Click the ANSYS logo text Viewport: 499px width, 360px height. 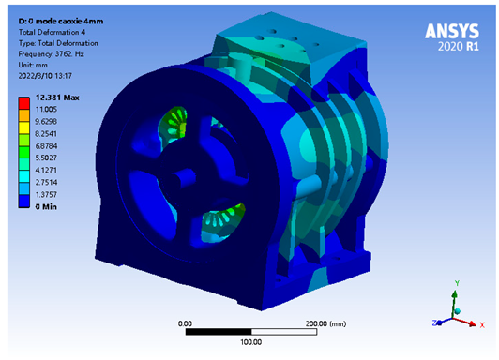point(451,31)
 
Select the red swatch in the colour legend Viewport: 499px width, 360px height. point(23,103)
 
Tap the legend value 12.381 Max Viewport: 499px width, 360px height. point(57,97)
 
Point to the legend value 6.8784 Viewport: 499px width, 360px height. point(46,146)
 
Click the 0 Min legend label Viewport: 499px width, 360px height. point(46,206)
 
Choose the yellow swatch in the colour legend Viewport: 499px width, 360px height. point(23,127)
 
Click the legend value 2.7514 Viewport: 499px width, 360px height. point(46,182)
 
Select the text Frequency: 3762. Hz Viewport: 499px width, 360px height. point(51,54)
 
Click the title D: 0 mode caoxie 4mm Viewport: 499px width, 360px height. point(60,22)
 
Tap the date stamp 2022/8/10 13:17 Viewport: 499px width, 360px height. point(45,76)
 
